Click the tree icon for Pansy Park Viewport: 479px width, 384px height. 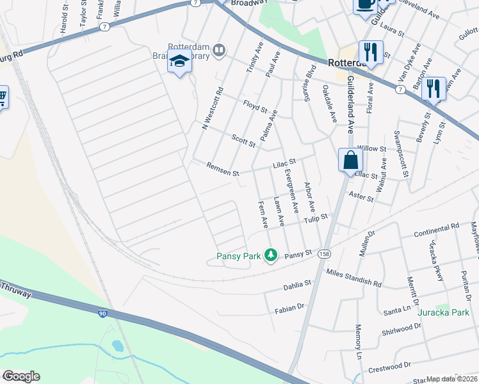(x=272, y=256)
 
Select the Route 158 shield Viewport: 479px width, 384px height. (x=325, y=253)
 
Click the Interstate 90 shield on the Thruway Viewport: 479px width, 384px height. (x=102, y=314)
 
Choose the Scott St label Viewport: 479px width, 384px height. (x=243, y=140)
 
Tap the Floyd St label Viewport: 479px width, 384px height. (x=254, y=106)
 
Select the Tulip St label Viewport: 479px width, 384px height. (x=316, y=219)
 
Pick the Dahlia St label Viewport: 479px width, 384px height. (x=296, y=284)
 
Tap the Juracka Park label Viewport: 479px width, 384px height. (x=444, y=313)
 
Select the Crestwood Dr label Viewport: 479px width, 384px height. (x=389, y=367)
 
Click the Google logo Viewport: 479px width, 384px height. (x=21, y=376)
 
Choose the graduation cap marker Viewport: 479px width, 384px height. (x=180, y=62)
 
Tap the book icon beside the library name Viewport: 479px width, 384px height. (x=220, y=50)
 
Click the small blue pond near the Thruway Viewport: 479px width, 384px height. (x=118, y=346)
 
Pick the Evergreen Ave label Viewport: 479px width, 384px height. (x=292, y=191)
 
